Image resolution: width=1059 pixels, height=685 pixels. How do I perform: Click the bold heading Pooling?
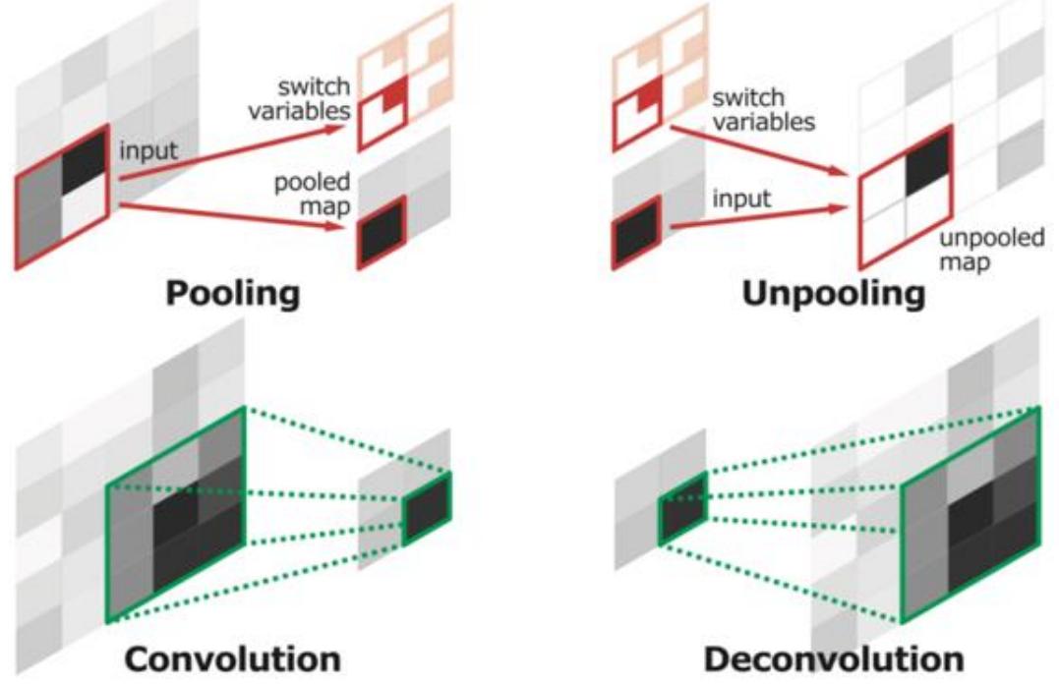(x=233, y=295)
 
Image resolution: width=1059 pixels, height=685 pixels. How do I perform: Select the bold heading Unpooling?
(x=834, y=295)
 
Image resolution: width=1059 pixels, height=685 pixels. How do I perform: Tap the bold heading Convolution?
(x=233, y=658)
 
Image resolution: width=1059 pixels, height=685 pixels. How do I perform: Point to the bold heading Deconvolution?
(x=834, y=658)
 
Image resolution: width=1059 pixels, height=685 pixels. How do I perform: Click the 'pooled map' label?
(x=312, y=194)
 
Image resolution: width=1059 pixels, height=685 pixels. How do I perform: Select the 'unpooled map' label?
(x=991, y=250)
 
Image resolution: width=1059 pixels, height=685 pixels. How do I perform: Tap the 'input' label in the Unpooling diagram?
(x=741, y=200)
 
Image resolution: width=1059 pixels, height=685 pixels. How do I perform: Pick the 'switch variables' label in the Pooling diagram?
(x=299, y=98)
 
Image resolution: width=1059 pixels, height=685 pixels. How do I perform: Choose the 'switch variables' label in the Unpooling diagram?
(x=764, y=109)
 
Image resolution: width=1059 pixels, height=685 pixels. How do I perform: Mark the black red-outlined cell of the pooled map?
(x=382, y=232)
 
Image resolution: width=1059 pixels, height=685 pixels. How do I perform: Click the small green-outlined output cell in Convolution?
(x=427, y=508)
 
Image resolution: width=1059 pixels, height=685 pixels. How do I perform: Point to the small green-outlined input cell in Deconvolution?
(x=682, y=508)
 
